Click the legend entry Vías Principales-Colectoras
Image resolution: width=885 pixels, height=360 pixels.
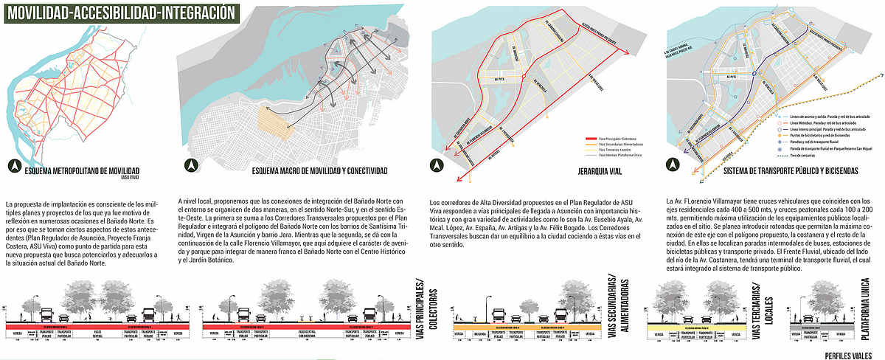click(x=619, y=139)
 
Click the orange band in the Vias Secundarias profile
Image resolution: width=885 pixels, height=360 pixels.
click(x=523, y=325)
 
